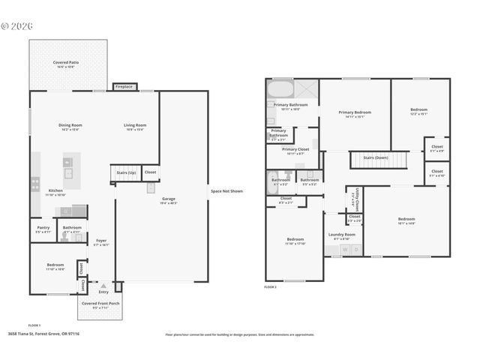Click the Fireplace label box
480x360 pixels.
(124, 87)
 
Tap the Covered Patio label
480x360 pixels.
(66, 64)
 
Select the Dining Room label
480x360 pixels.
(70, 127)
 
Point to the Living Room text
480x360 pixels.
(135, 127)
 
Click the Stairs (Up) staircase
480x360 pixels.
(125, 173)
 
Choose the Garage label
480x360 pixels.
(169, 200)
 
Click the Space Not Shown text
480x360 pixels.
(226, 191)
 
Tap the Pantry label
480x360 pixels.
(43, 229)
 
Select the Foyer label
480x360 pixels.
(100, 242)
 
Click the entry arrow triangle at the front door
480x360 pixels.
(103, 285)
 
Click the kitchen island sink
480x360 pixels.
(68, 172)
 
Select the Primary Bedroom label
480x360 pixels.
(355, 114)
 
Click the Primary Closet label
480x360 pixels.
(295, 151)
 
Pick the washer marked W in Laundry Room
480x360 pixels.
(346, 249)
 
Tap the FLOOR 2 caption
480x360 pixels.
(270, 286)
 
